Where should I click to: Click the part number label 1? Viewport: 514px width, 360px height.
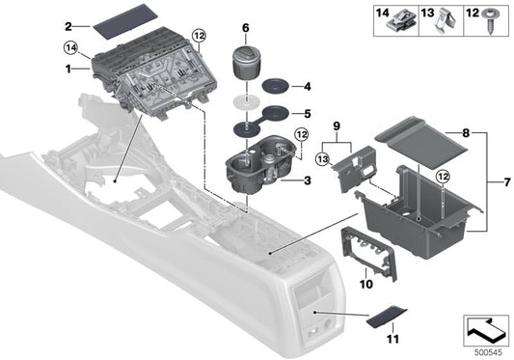click(x=68, y=70)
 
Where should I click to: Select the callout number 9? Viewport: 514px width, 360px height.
click(x=337, y=125)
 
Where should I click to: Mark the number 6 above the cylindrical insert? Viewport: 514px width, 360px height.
click(x=245, y=28)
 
